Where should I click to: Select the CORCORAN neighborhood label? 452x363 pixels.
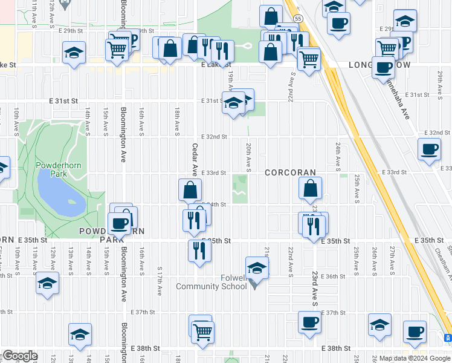pos(290,172)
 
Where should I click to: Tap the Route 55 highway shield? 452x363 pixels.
pos(298,19)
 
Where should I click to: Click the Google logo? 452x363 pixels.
pos(20,356)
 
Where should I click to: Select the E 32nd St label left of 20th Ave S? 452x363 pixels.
pos(214,137)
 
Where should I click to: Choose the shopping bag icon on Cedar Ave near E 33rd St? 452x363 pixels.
pos(190,190)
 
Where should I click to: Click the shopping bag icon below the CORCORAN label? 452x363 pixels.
pos(310,189)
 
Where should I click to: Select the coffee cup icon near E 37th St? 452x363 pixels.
pos(309,322)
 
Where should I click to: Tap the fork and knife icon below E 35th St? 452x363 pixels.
pos(198,250)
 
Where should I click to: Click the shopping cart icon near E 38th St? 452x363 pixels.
pos(203,330)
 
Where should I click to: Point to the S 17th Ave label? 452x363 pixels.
pos(160,281)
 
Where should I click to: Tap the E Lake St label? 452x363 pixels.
pos(216,64)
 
